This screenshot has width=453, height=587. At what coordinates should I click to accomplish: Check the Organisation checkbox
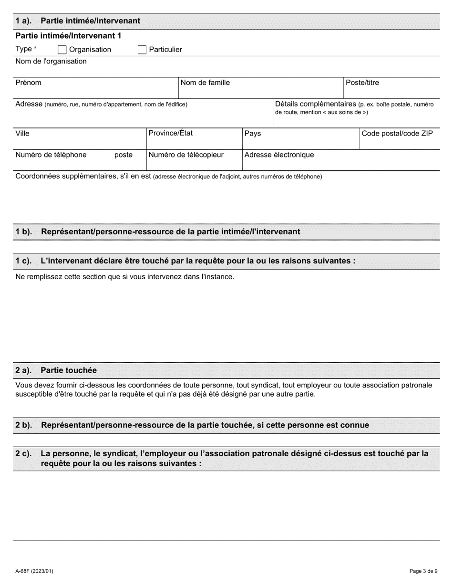62,50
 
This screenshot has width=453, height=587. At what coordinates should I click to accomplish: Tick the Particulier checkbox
142,50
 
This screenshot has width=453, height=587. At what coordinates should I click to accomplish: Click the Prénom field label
29,83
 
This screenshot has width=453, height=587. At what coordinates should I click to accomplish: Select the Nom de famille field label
205,83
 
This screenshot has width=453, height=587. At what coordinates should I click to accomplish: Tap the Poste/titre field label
362,83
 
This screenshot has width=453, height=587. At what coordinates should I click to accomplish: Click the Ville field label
22,133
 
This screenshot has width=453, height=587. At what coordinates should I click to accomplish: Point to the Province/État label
171,133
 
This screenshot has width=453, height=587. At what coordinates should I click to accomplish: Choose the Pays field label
253,133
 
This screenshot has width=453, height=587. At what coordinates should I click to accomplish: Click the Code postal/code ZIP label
397,133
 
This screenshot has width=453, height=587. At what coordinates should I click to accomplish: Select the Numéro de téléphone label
51,155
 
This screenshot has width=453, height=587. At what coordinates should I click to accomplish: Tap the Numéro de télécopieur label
186,155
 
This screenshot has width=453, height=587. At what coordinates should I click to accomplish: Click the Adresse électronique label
279,155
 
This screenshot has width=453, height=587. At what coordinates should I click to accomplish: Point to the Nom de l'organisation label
51,61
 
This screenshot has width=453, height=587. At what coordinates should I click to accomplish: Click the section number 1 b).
24,231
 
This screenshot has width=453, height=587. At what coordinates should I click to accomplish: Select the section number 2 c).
24,453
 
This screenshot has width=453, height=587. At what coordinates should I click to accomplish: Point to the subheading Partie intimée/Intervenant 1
69,36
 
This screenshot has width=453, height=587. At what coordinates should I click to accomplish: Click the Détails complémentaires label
316,104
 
